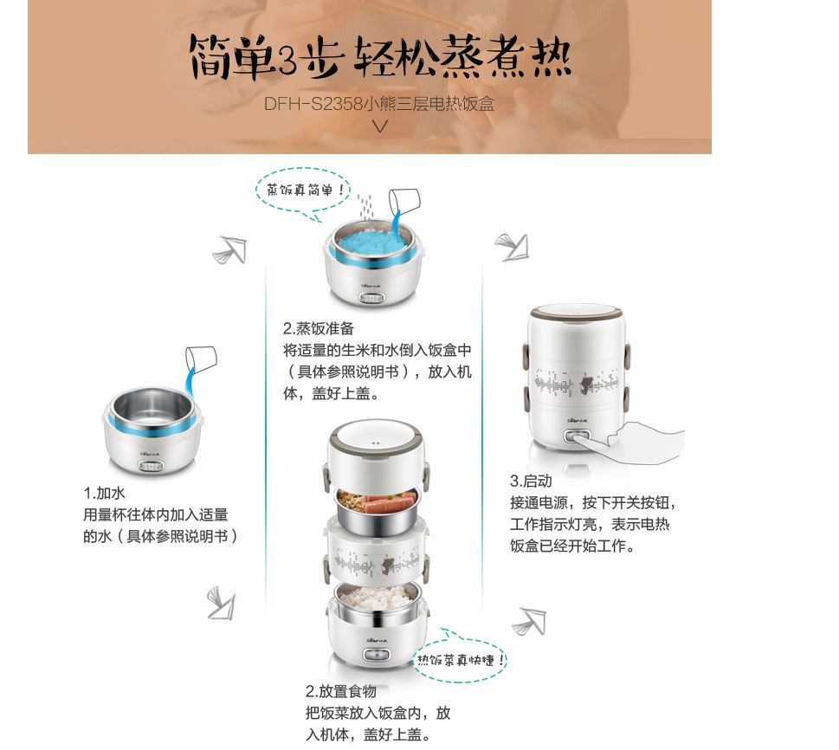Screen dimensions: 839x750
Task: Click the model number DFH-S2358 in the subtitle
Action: tap(313, 104)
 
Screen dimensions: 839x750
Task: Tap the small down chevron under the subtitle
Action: tap(379, 126)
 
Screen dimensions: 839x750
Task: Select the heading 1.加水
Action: tap(104, 493)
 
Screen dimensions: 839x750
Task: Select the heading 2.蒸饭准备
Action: tap(319, 328)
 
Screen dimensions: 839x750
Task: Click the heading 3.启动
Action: tap(531, 481)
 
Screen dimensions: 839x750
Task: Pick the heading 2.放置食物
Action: tap(341, 691)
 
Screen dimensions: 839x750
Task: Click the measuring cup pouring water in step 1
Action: tap(202, 357)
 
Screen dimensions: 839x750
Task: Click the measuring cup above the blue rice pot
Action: tap(404, 202)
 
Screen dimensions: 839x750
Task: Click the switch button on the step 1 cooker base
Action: tap(151, 466)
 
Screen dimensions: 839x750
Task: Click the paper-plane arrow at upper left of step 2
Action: tap(230, 249)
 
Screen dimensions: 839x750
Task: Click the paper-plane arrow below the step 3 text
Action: tap(529, 621)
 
